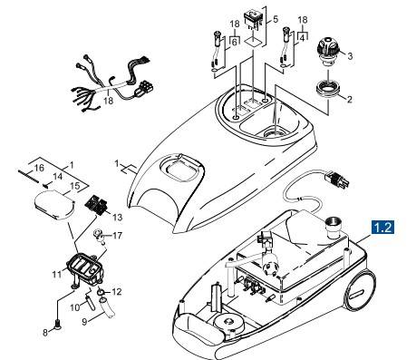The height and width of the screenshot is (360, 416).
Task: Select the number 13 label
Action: click(x=117, y=217)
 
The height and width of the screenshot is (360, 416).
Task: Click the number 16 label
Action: click(x=28, y=169)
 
